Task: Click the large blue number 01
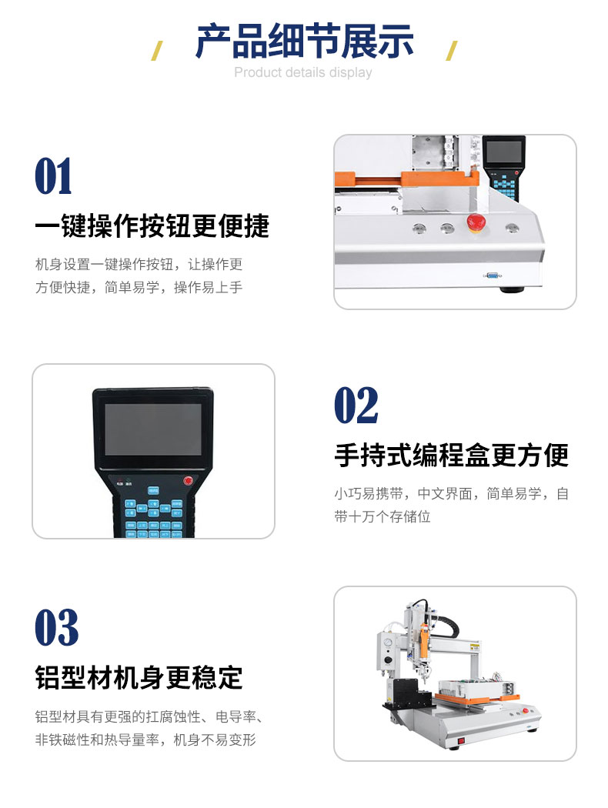[53, 176]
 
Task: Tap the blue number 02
[356, 406]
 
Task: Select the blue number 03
[57, 627]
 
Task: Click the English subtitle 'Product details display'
[303, 72]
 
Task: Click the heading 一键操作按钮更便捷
[152, 225]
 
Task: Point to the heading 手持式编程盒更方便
[451, 455]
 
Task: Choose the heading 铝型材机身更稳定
[139, 677]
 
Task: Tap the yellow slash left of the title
[157, 51]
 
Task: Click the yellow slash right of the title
[451, 51]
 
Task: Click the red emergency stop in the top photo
[476, 222]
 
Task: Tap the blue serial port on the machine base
[492, 275]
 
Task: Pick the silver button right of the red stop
[512, 227]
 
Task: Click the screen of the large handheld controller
[153, 429]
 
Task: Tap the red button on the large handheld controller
[188, 481]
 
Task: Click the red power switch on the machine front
[461, 740]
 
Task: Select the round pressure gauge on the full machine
[386, 644]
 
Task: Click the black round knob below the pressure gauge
[388, 660]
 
